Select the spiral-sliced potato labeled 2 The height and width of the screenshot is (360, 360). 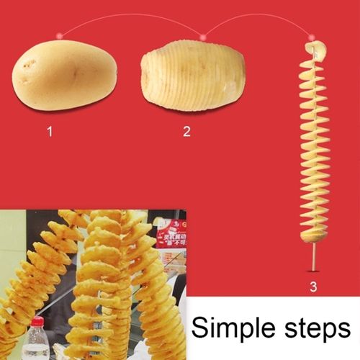[x=192, y=76]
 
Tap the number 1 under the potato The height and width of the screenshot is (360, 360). [x=50, y=132]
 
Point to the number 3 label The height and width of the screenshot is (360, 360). [x=312, y=287]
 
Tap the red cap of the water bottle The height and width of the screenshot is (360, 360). [x=37, y=321]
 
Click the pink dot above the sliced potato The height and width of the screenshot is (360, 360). [x=204, y=35]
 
